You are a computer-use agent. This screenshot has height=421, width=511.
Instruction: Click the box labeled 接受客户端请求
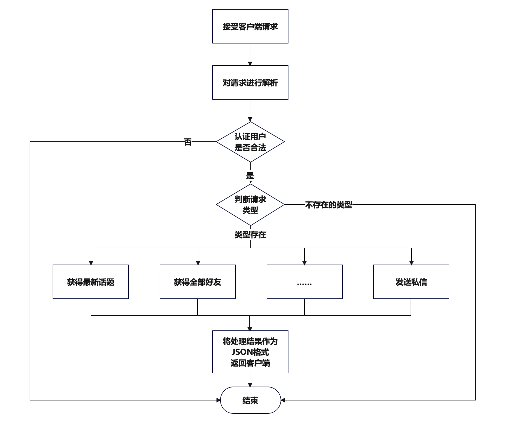(250, 26)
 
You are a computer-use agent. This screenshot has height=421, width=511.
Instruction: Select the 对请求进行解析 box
(250, 82)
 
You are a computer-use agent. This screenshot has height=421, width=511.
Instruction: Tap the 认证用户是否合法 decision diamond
(250, 142)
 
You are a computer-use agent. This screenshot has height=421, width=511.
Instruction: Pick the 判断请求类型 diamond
(250, 204)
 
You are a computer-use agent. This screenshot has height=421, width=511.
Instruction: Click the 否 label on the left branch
(188, 142)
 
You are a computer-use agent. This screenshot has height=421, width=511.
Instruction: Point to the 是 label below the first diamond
(250, 175)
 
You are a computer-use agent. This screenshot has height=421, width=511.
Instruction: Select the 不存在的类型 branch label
(329, 205)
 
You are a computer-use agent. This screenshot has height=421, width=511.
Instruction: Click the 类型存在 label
(250, 235)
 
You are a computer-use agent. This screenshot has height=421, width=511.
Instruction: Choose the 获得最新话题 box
(91, 282)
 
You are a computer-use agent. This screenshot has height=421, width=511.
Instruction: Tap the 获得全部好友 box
(198, 282)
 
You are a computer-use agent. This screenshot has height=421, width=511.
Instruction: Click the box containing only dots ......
(305, 282)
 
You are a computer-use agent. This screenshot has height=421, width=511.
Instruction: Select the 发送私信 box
(411, 282)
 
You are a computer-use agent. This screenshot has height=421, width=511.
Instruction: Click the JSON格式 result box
(250, 352)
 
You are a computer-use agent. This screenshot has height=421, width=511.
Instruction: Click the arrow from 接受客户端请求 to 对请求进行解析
(250, 54)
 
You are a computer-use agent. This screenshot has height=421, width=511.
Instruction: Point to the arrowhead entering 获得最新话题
(91, 263)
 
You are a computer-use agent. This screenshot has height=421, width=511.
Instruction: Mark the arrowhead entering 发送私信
(411, 263)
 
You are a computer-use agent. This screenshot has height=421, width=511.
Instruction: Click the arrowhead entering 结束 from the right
(283, 400)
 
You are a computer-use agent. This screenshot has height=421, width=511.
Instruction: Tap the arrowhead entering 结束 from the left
(219, 400)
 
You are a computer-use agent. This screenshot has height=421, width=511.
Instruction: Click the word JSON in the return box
(241, 352)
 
